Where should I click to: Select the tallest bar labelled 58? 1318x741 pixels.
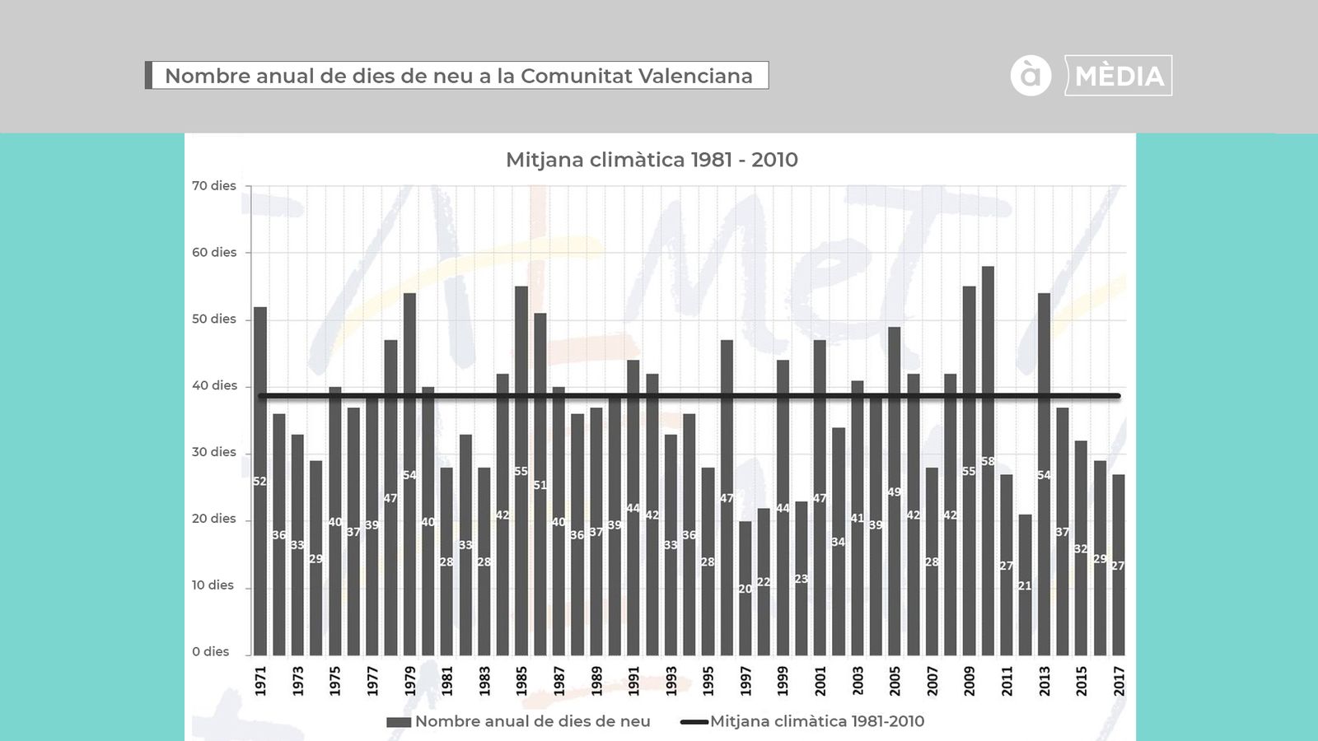[x=988, y=461]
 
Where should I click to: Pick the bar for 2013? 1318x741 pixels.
[x=1044, y=473]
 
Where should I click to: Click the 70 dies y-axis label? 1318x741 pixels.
[x=214, y=186]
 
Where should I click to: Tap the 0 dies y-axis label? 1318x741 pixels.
[x=211, y=652]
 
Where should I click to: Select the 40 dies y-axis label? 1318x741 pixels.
[x=214, y=385]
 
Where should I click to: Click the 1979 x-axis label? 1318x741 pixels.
[x=410, y=681]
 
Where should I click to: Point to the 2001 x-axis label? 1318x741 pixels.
[x=820, y=681]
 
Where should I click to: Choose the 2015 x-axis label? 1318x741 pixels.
[x=1082, y=681]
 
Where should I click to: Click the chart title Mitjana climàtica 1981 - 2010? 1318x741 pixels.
[x=652, y=160]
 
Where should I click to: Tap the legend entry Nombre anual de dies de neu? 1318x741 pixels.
[x=532, y=721]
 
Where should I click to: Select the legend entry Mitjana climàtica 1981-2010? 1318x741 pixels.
[x=816, y=721]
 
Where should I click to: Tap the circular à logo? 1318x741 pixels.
[x=1031, y=76]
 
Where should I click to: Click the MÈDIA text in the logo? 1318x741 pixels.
[x=1119, y=76]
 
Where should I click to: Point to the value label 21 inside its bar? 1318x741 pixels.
[x=1025, y=586]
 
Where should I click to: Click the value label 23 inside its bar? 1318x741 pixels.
[x=802, y=579]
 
